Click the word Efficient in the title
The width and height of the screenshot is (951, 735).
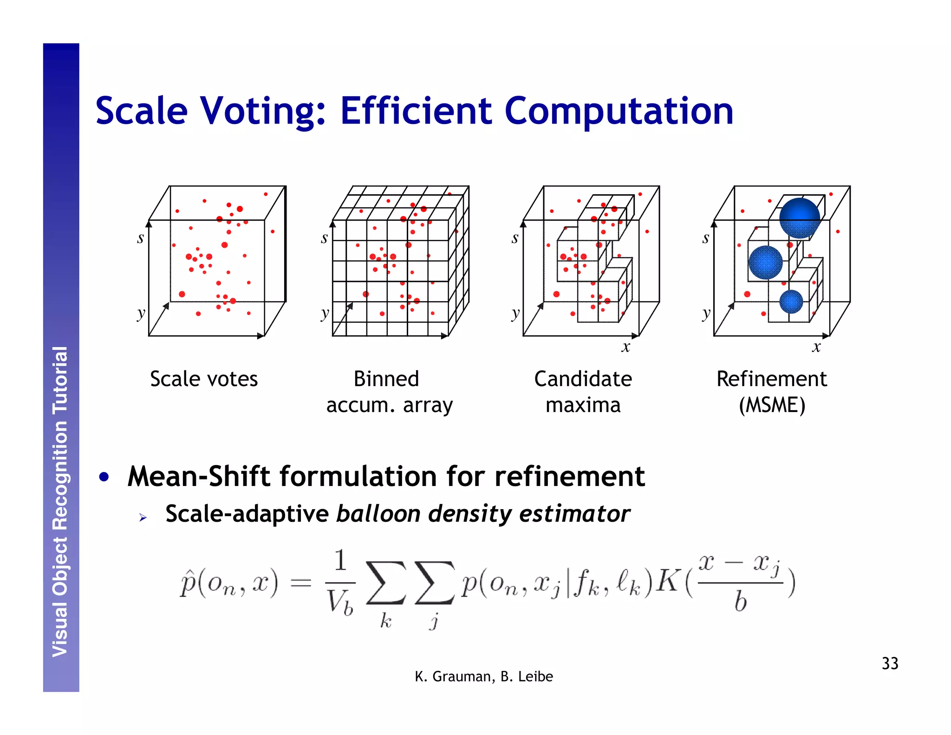[x=416, y=112]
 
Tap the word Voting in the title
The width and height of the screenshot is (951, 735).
[x=263, y=112]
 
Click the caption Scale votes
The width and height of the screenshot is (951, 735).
[x=203, y=379]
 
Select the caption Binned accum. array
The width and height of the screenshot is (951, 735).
[x=389, y=392]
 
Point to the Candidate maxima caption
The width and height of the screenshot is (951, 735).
[x=583, y=392]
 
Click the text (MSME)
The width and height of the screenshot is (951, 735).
[x=772, y=405]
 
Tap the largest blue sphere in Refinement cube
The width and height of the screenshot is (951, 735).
[x=799, y=218]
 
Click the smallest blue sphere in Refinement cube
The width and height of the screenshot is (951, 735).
[x=791, y=302]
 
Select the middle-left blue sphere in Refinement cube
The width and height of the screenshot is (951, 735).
[x=765, y=262]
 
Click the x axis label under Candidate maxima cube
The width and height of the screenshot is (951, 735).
[x=625, y=347]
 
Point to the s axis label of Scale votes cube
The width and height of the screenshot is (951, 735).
[x=140, y=238]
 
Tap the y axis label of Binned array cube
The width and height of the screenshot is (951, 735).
[x=325, y=314]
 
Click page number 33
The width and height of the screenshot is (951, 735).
[x=890, y=663]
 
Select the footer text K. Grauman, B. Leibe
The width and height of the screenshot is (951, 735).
[x=483, y=676]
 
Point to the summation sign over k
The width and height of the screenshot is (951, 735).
[x=385, y=584]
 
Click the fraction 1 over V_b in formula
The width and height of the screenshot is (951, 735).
[x=340, y=584]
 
